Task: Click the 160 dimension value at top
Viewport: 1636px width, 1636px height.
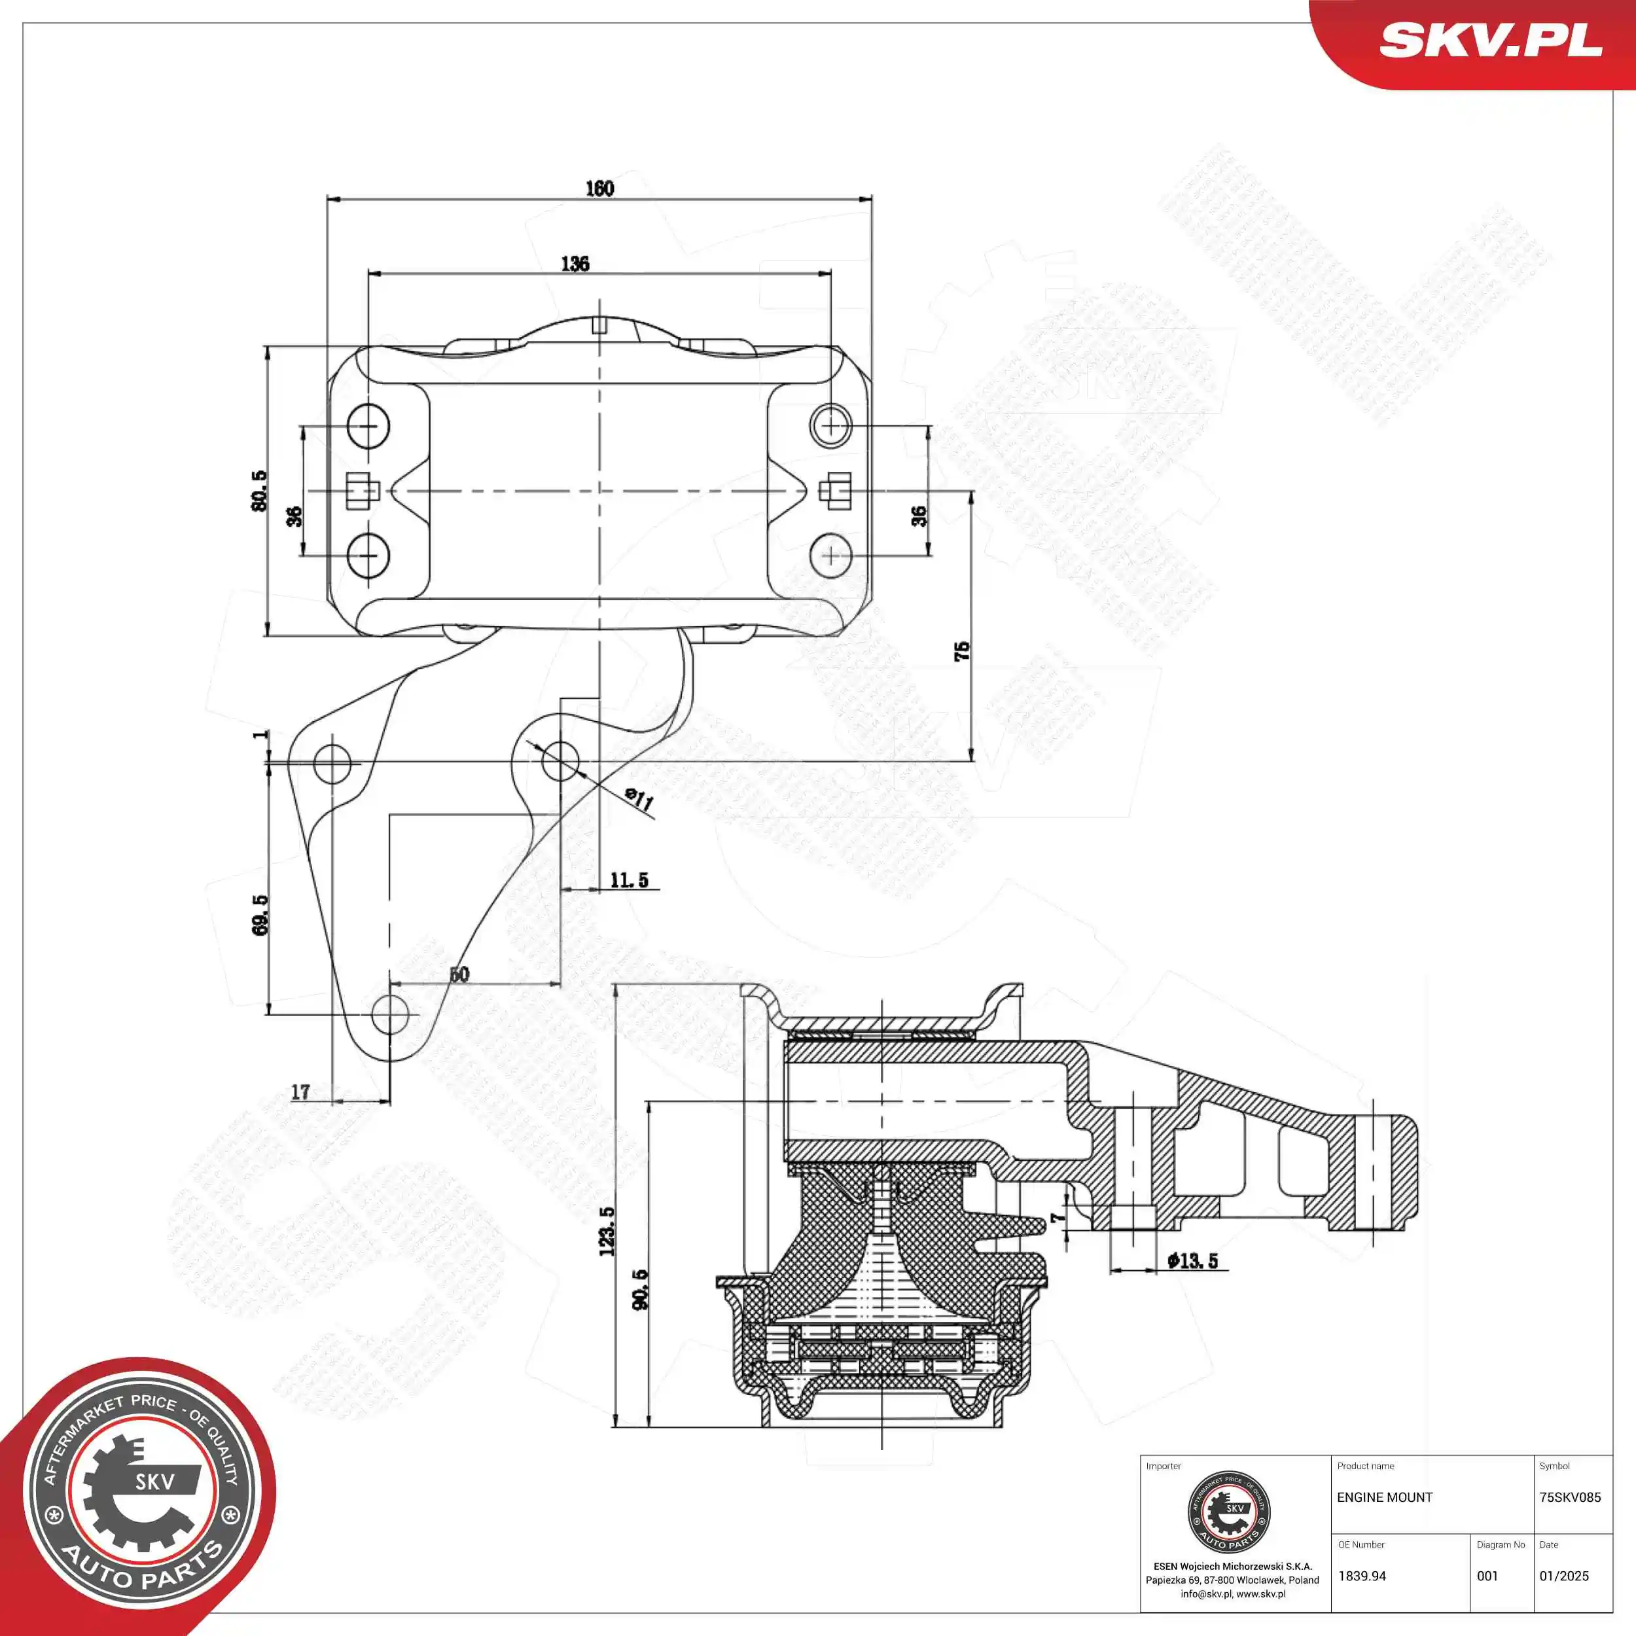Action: coord(599,188)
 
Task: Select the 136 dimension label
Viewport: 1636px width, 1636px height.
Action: coord(575,263)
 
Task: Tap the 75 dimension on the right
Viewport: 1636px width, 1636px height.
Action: coord(962,651)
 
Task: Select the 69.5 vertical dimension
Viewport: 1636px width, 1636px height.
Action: coord(260,915)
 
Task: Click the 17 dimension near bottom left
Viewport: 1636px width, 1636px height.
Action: coord(300,1092)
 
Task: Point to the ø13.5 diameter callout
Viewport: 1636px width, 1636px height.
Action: coord(1192,1261)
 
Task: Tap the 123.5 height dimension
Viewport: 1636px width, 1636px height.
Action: coord(607,1231)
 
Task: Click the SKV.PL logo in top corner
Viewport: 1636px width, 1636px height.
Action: coord(1490,40)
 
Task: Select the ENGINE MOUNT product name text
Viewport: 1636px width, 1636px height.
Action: coord(1385,1498)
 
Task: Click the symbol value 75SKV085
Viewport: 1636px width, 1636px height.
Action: coord(1570,1498)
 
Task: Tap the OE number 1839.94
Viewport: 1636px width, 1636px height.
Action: coord(1362,1576)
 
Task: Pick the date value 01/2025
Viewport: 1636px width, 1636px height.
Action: coord(1564,1576)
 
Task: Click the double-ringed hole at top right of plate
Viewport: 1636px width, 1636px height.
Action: coord(830,424)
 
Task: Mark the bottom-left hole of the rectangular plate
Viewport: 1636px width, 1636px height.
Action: coord(368,556)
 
